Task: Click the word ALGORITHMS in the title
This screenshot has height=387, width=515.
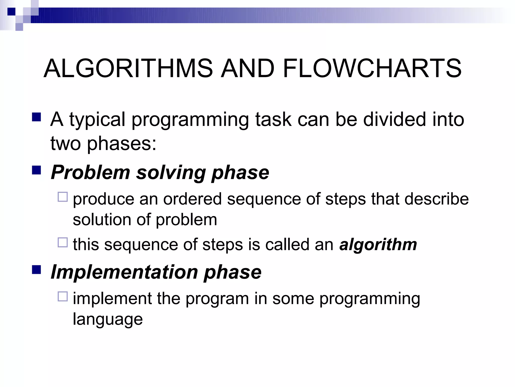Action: click(x=128, y=68)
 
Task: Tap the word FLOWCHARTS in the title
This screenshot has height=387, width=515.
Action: click(x=372, y=68)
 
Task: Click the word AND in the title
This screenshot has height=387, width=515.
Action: click(x=247, y=68)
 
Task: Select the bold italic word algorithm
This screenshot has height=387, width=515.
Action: click(x=378, y=245)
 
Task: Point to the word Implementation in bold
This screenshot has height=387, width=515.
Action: click(x=124, y=272)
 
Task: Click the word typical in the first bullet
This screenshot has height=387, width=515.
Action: click(x=97, y=120)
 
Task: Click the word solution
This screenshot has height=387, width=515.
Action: click(x=102, y=220)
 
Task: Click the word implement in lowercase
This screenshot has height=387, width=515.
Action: click(x=112, y=299)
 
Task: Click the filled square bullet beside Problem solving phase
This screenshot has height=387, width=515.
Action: click(x=36, y=170)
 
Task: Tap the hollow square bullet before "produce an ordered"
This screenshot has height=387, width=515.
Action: click(x=63, y=197)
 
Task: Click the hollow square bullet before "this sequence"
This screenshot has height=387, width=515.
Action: click(x=63, y=242)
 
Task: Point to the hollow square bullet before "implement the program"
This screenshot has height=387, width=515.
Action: click(x=63, y=297)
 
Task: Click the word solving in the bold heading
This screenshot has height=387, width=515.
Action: click(x=171, y=173)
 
